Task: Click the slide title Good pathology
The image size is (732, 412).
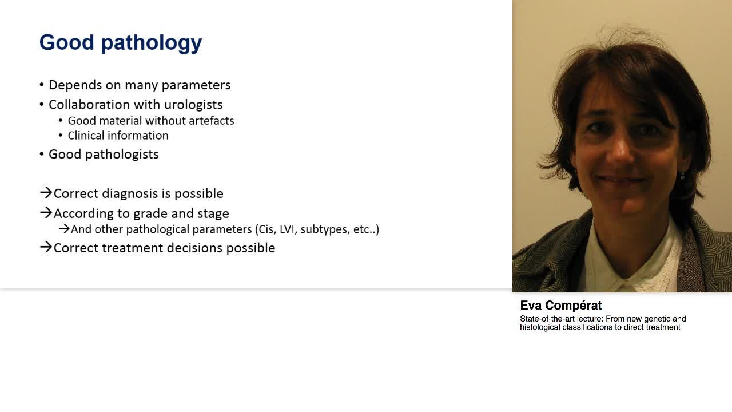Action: pyautogui.click(x=121, y=43)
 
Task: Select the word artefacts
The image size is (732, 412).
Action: pyautogui.click(x=213, y=121)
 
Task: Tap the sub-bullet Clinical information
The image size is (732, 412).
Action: pyautogui.click(x=118, y=136)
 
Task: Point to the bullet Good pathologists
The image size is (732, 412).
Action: pyautogui.click(x=104, y=154)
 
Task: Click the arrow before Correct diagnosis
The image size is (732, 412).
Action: pyautogui.click(x=46, y=193)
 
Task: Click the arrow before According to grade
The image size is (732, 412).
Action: pyautogui.click(x=46, y=213)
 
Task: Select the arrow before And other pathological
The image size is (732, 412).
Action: pyautogui.click(x=64, y=229)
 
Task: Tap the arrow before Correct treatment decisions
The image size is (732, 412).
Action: pyautogui.click(x=46, y=247)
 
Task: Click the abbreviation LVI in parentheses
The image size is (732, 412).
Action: pyautogui.click(x=287, y=229)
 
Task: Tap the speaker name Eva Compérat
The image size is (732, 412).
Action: pyautogui.click(x=560, y=306)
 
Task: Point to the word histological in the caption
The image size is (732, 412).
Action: pyautogui.click(x=539, y=327)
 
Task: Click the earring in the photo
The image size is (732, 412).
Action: pyautogui.click(x=682, y=176)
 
